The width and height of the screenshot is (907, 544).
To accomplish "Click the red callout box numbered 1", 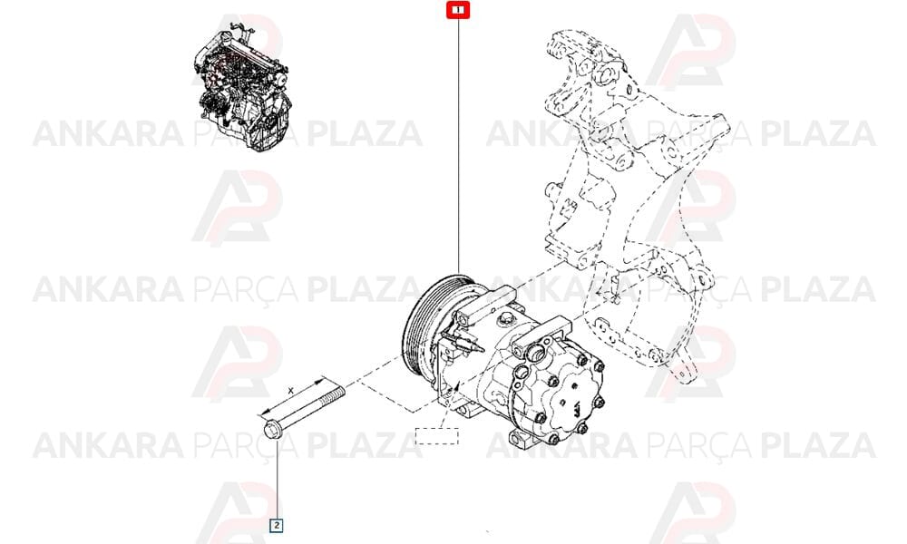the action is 458,10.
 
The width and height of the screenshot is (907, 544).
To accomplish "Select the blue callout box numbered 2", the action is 277,525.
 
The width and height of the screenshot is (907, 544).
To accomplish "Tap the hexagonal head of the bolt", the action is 271,430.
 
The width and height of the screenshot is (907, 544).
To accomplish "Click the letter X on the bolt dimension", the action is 291,391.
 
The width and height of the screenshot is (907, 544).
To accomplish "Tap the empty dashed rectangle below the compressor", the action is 437,436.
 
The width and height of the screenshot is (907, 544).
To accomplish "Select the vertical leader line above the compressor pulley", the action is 458,146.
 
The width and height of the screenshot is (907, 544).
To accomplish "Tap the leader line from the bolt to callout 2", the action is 277,479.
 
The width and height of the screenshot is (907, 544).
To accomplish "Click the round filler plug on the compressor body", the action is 507,317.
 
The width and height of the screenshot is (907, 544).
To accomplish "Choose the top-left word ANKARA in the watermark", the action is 108,133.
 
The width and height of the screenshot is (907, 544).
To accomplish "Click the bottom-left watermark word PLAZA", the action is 365,445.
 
